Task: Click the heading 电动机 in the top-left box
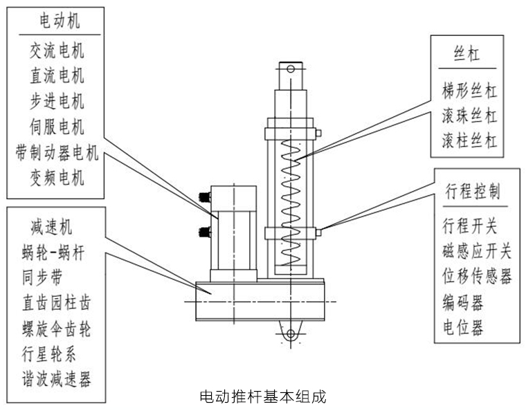click(58, 22)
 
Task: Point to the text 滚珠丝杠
click(469, 116)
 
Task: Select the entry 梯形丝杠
click(469, 90)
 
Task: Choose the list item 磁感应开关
click(477, 250)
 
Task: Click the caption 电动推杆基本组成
click(262, 396)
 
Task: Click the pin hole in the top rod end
click(291, 68)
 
